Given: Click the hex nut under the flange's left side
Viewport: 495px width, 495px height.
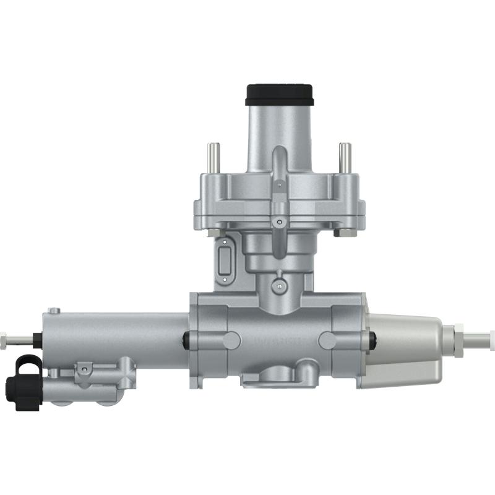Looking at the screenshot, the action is coord(214,232).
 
